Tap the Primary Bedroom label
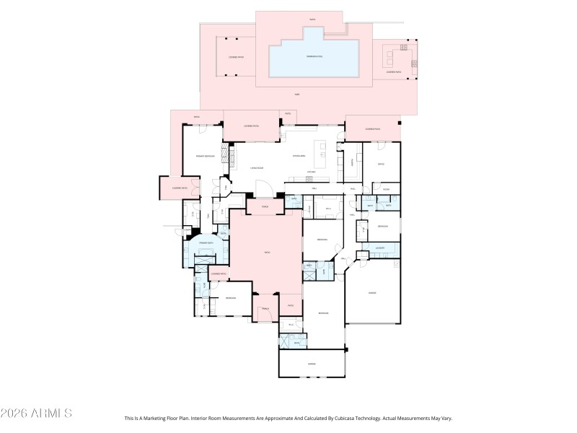[x=205, y=156]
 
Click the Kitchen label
[x=312, y=172]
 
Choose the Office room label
[x=381, y=164]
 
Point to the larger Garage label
[x=372, y=293]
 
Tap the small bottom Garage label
[x=312, y=364]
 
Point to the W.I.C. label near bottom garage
[x=290, y=325]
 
